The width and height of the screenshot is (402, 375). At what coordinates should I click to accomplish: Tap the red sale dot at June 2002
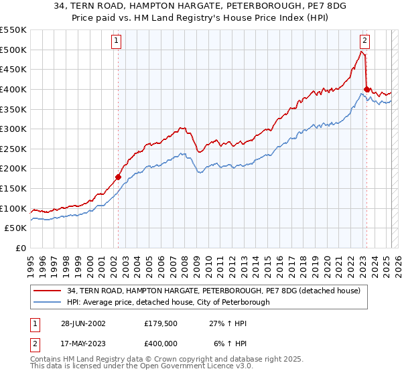[x=118, y=177]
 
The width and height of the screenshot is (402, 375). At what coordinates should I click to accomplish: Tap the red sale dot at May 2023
[x=366, y=89]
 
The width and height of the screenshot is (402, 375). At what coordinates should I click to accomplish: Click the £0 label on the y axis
[x=19, y=248]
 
